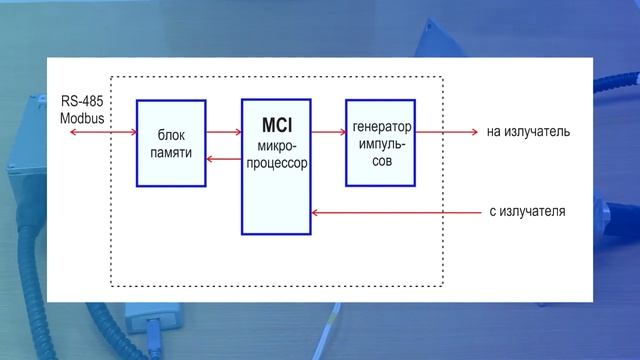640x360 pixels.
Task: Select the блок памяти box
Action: pos(171,142)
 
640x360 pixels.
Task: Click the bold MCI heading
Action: pos(276,127)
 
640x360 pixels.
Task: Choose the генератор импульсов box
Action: pos(380,142)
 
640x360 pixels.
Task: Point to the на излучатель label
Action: pos(529,131)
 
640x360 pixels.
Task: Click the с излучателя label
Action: pos(528,212)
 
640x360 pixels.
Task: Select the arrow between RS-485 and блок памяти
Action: pos(101,131)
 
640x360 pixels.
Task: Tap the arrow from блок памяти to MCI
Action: pos(223,131)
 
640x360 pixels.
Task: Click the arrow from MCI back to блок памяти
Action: pos(223,159)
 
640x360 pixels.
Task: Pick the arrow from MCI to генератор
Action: pos(327,131)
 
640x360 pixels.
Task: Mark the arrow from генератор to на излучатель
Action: pos(445,131)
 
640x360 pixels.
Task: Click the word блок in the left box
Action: pos(172,135)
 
